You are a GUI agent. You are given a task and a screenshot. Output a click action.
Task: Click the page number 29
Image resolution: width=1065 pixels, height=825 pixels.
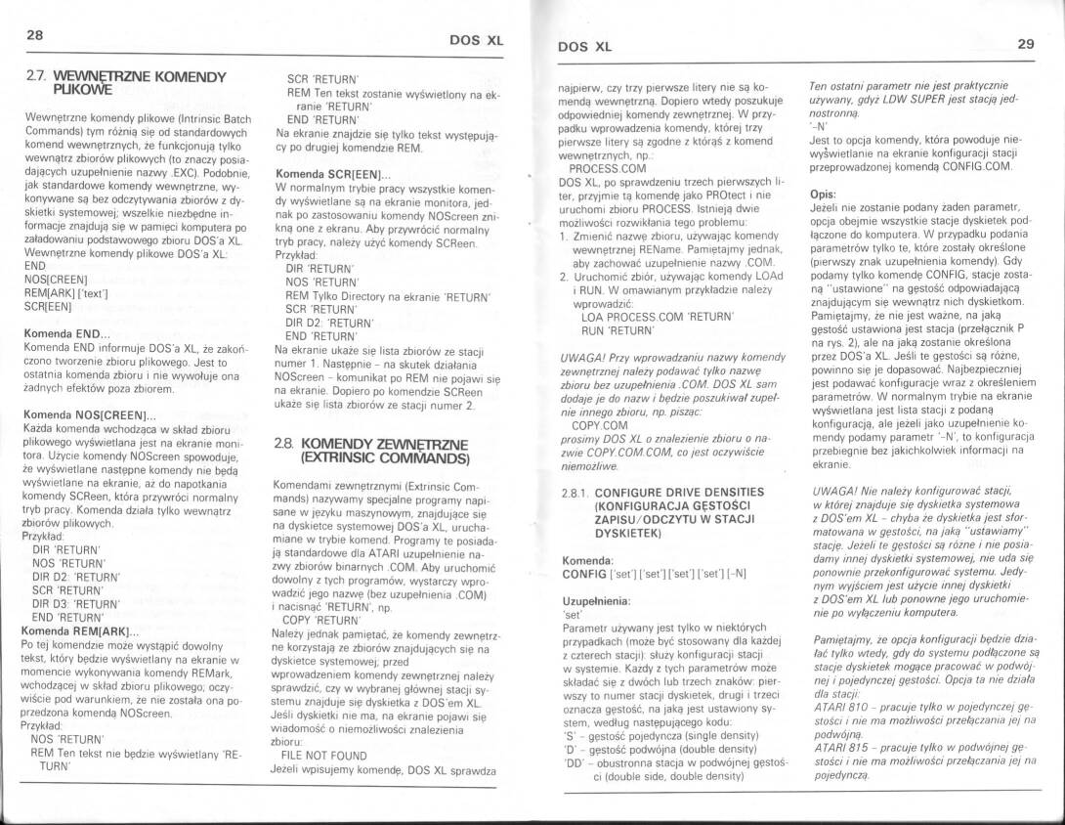[x=1025, y=43]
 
